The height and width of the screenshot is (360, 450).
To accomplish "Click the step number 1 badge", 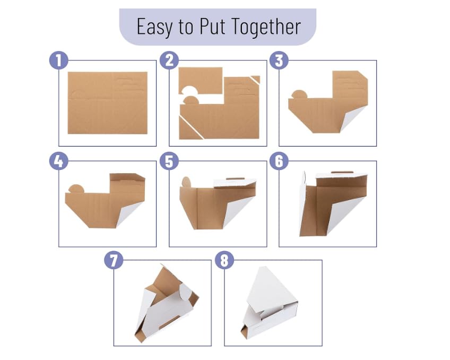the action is [59, 61].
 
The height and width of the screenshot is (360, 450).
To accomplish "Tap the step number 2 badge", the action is [169, 61].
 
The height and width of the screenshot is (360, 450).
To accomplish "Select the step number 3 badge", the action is [279, 61].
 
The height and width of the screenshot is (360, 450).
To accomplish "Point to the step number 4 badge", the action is [59, 161].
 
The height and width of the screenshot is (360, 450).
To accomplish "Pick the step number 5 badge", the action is [169, 161].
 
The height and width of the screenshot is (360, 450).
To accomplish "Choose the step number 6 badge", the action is [279, 161].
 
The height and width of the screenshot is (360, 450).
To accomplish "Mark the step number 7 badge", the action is [114, 260].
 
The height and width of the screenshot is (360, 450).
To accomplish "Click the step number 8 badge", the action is [224, 260].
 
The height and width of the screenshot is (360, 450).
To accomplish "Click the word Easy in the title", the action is [155, 27].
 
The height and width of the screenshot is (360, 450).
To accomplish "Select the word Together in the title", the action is [266, 27].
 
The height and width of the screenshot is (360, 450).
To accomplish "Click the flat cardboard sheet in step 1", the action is [108, 103].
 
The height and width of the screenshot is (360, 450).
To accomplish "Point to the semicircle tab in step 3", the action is [299, 95].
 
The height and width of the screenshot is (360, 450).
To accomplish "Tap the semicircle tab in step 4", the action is [76, 189].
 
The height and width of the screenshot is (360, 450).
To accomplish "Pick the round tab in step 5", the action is [186, 182].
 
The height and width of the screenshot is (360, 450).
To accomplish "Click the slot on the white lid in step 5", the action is [235, 179].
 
